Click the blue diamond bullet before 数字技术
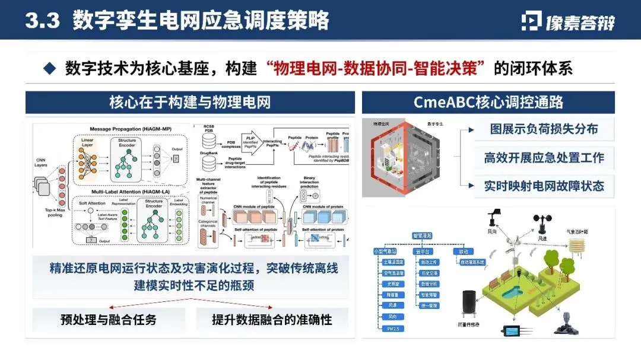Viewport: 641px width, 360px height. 50,68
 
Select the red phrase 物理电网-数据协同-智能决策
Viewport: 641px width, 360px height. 380,68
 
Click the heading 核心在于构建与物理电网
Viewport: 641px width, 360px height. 190,102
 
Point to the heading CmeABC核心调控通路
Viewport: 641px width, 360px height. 488,102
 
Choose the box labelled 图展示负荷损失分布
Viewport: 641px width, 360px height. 544,129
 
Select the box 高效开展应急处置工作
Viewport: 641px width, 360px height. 544,157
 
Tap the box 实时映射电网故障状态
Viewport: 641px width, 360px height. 544,185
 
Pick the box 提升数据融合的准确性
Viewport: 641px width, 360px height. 272,319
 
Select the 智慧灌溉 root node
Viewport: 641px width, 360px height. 422,235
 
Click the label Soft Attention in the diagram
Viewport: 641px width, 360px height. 91,203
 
